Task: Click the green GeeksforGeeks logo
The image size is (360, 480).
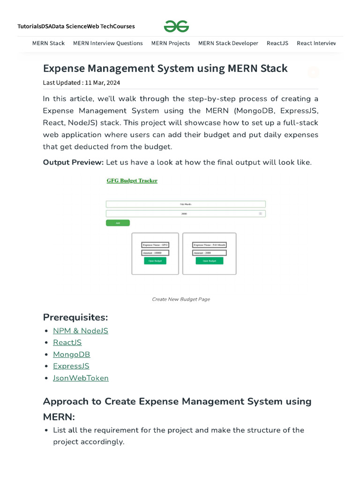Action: [x=176, y=26]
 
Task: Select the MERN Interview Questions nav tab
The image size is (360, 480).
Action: [x=108, y=43]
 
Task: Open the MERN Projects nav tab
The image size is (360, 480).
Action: [x=171, y=43]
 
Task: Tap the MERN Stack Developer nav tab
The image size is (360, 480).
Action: [x=228, y=43]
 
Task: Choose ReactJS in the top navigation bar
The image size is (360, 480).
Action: [x=277, y=43]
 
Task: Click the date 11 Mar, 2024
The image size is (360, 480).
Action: [x=102, y=82]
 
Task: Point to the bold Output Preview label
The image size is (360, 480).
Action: [x=73, y=162]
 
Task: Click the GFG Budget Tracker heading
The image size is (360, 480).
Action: [x=132, y=180]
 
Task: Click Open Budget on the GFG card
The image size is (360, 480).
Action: [x=155, y=261]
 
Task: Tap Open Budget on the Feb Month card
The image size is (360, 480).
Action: [x=210, y=261]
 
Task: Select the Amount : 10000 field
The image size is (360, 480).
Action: [x=155, y=253]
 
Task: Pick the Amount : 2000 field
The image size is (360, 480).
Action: [x=210, y=253]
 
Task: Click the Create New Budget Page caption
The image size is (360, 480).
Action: [x=181, y=299]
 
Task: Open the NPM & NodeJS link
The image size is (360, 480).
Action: [x=81, y=331]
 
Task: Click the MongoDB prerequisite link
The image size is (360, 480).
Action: [x=71, y=354]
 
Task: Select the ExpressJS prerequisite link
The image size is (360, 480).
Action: [x=71, y=366]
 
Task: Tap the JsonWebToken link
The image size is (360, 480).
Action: [x=81, y=378]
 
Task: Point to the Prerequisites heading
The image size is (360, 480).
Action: [x=75, y=317]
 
